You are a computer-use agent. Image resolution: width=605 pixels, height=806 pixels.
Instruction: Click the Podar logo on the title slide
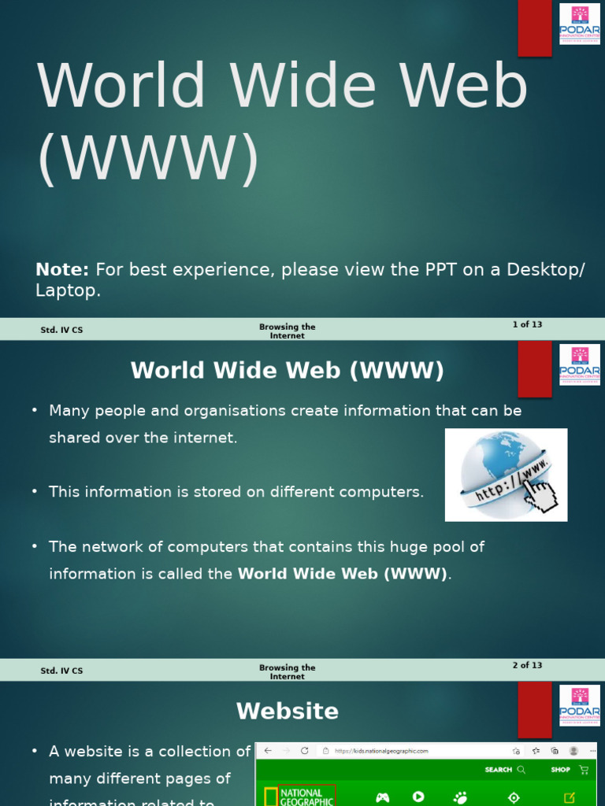[x=580, y=24]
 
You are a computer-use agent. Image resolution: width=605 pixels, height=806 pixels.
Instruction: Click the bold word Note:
[x=62, y=270]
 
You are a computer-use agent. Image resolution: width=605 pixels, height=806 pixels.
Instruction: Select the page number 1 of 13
[x=527, y=324]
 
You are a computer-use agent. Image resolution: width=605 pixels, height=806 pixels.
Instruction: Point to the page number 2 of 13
[x=527, y=665]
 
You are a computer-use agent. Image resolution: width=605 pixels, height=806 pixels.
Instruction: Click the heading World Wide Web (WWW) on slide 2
[x=288, y=371]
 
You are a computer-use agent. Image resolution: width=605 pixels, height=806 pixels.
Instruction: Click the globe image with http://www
[x=505, y=474]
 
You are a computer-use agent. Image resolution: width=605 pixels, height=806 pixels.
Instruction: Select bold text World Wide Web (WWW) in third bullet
[x=343, y=574]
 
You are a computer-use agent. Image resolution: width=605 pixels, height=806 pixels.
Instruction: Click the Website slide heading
[x=288, y=712]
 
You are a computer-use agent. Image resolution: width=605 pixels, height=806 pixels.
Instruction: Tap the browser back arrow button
[x=268, y=751]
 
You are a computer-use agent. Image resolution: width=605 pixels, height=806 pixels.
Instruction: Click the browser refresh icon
[x=305, y=751]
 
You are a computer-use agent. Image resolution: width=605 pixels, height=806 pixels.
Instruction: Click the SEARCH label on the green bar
[x=498, y=770]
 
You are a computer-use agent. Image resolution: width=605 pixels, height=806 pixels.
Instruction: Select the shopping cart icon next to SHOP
[x=584, y=770]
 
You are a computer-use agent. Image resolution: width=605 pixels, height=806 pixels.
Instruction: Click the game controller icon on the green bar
[x=382, y=797]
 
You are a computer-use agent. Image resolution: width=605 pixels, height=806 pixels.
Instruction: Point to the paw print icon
[x=461, y=797]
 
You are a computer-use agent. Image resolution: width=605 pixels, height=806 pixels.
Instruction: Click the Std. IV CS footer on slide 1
[x=61, y=331]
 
